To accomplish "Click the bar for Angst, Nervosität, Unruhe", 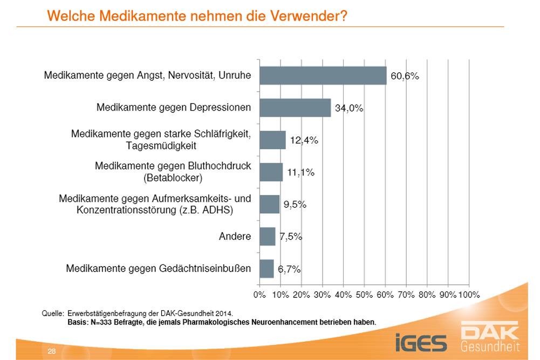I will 323,76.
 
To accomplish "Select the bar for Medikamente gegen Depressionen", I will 295,107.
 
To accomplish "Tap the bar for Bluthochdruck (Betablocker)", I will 271,172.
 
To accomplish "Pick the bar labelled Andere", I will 268,236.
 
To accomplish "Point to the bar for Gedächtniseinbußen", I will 266,268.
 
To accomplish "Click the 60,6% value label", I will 405,77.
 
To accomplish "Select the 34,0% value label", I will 349,108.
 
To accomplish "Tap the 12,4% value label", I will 304,140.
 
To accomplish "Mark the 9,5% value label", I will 295,205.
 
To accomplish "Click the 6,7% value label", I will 289,269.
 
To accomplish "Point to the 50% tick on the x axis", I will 364,295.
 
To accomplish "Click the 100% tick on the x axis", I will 468,295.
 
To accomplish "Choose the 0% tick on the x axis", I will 260,295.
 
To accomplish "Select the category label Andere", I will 235,236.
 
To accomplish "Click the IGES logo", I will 420,342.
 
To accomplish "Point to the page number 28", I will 52,351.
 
